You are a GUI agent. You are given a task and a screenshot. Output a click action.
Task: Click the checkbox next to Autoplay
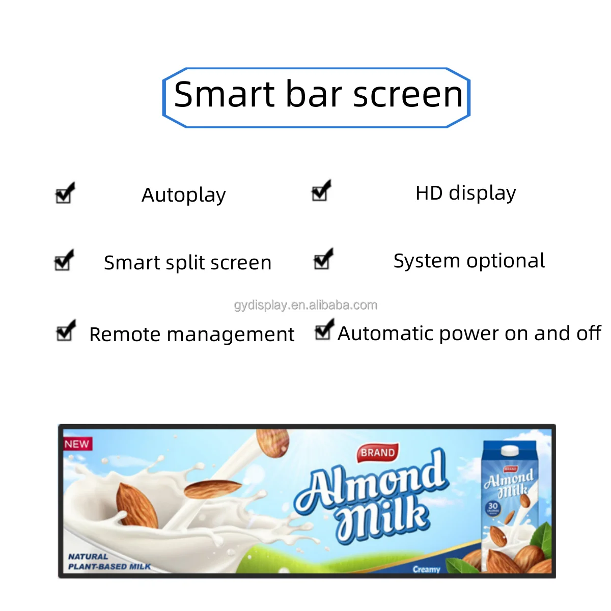tap(64, 195)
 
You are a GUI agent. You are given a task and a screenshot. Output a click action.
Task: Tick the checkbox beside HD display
tap(320, 192)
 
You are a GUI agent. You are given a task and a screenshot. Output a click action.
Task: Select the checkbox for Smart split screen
tap(63, 262)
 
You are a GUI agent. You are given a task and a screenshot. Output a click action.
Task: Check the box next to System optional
tap(322, 260)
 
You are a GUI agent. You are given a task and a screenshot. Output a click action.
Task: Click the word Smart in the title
tap(225, 95)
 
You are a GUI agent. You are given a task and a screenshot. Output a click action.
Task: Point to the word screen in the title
tap(408, 95)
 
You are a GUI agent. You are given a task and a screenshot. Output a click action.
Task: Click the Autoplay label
tap(183, 195)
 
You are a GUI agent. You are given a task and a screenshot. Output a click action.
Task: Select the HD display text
tap(465, 193)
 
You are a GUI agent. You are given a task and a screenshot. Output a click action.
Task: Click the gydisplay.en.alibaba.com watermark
tap(305, 305)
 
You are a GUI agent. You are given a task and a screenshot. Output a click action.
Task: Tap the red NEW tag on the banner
tap(77, 444)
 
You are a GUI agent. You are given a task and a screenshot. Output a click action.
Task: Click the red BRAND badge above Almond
tap(377, 452)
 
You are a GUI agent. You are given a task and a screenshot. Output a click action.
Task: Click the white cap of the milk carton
tap(510, 451)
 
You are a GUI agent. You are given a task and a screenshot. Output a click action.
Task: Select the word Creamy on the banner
tap(426, 569)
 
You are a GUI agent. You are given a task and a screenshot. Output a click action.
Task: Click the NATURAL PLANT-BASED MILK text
tap(109, 562)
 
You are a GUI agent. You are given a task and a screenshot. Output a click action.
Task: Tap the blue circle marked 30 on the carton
tap(492, 507)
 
